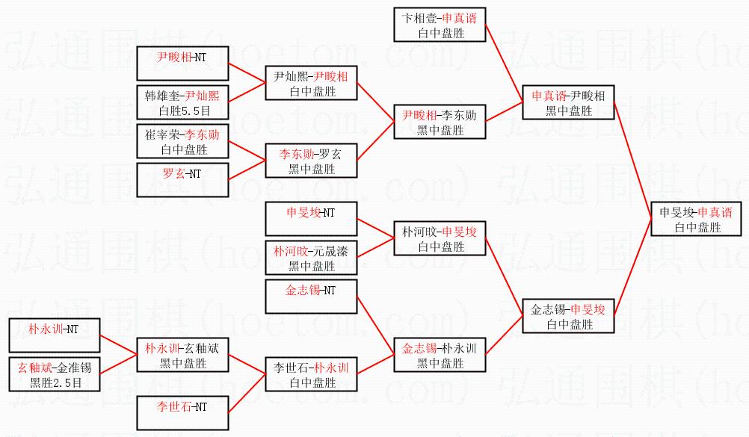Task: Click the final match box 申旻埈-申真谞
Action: click(x=697, y=219)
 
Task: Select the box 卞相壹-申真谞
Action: click(x=440, y=25)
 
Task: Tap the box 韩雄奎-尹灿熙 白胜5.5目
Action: click(x=182, y=102)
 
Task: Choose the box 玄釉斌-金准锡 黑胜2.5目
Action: click(x=55, y=374)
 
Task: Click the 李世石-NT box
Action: click(x=182, y=413)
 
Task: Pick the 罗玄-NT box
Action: click(x=182, y=180)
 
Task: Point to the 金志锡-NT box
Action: click(x=311, y=297)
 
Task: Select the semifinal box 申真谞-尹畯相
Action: click(x=568, y=102)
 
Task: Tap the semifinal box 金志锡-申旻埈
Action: click(x=568, y=316)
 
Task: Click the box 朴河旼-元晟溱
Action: click(x=311, y=258)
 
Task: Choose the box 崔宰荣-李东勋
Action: click(x=182, y=141)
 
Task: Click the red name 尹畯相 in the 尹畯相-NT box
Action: click(x=174, y=58)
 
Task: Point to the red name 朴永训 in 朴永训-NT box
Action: click(x=46, y=329)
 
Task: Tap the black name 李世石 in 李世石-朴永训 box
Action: click(x=291, y=368)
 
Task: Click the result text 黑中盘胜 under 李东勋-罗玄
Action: click(x=312, y=169)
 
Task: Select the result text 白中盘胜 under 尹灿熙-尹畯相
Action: click(x=313, y=91)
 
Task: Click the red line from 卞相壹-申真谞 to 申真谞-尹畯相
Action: click(x=504, y=63)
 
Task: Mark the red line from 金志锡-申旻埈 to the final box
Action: click(x=632, y=267)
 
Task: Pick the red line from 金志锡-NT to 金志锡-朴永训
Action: click(x=375, y=326)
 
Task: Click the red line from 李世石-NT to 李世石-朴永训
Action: click(x=247, y=394)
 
